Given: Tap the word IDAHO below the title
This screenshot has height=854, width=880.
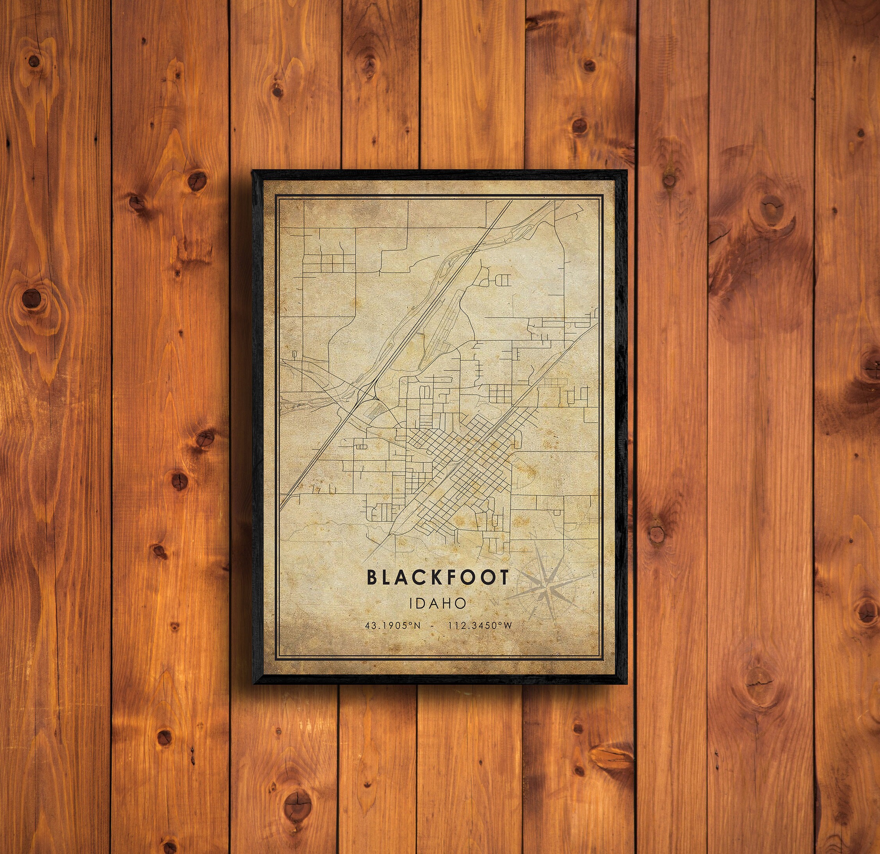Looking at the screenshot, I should [x=438, y=603].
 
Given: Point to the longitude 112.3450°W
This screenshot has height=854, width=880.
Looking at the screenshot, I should [x=480, y=626].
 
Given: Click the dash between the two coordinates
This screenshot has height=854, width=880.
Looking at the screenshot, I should [x=431, y=626].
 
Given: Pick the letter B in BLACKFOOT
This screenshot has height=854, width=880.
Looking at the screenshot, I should [x=372, y=577].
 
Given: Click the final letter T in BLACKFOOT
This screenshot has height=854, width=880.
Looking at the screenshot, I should [x=505, y=577].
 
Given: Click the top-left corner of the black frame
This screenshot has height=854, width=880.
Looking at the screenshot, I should [x=254, y=171].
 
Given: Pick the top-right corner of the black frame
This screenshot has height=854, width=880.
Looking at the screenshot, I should [x=625, y=171].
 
